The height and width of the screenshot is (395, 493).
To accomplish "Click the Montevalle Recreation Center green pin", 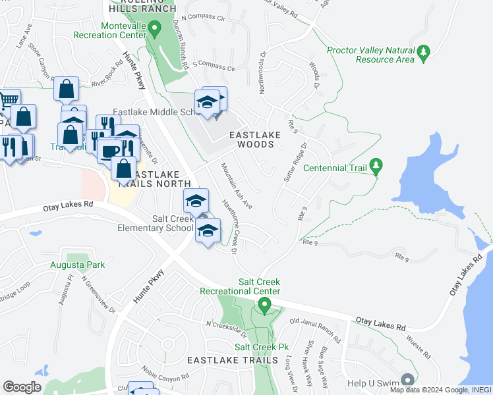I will (154, 28).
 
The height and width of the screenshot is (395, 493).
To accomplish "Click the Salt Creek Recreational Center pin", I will (264, 305).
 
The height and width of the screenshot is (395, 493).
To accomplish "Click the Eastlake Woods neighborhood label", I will (255, 139).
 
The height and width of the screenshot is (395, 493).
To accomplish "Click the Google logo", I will (22, 387).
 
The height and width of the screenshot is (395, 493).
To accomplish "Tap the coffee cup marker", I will (109, 151).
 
